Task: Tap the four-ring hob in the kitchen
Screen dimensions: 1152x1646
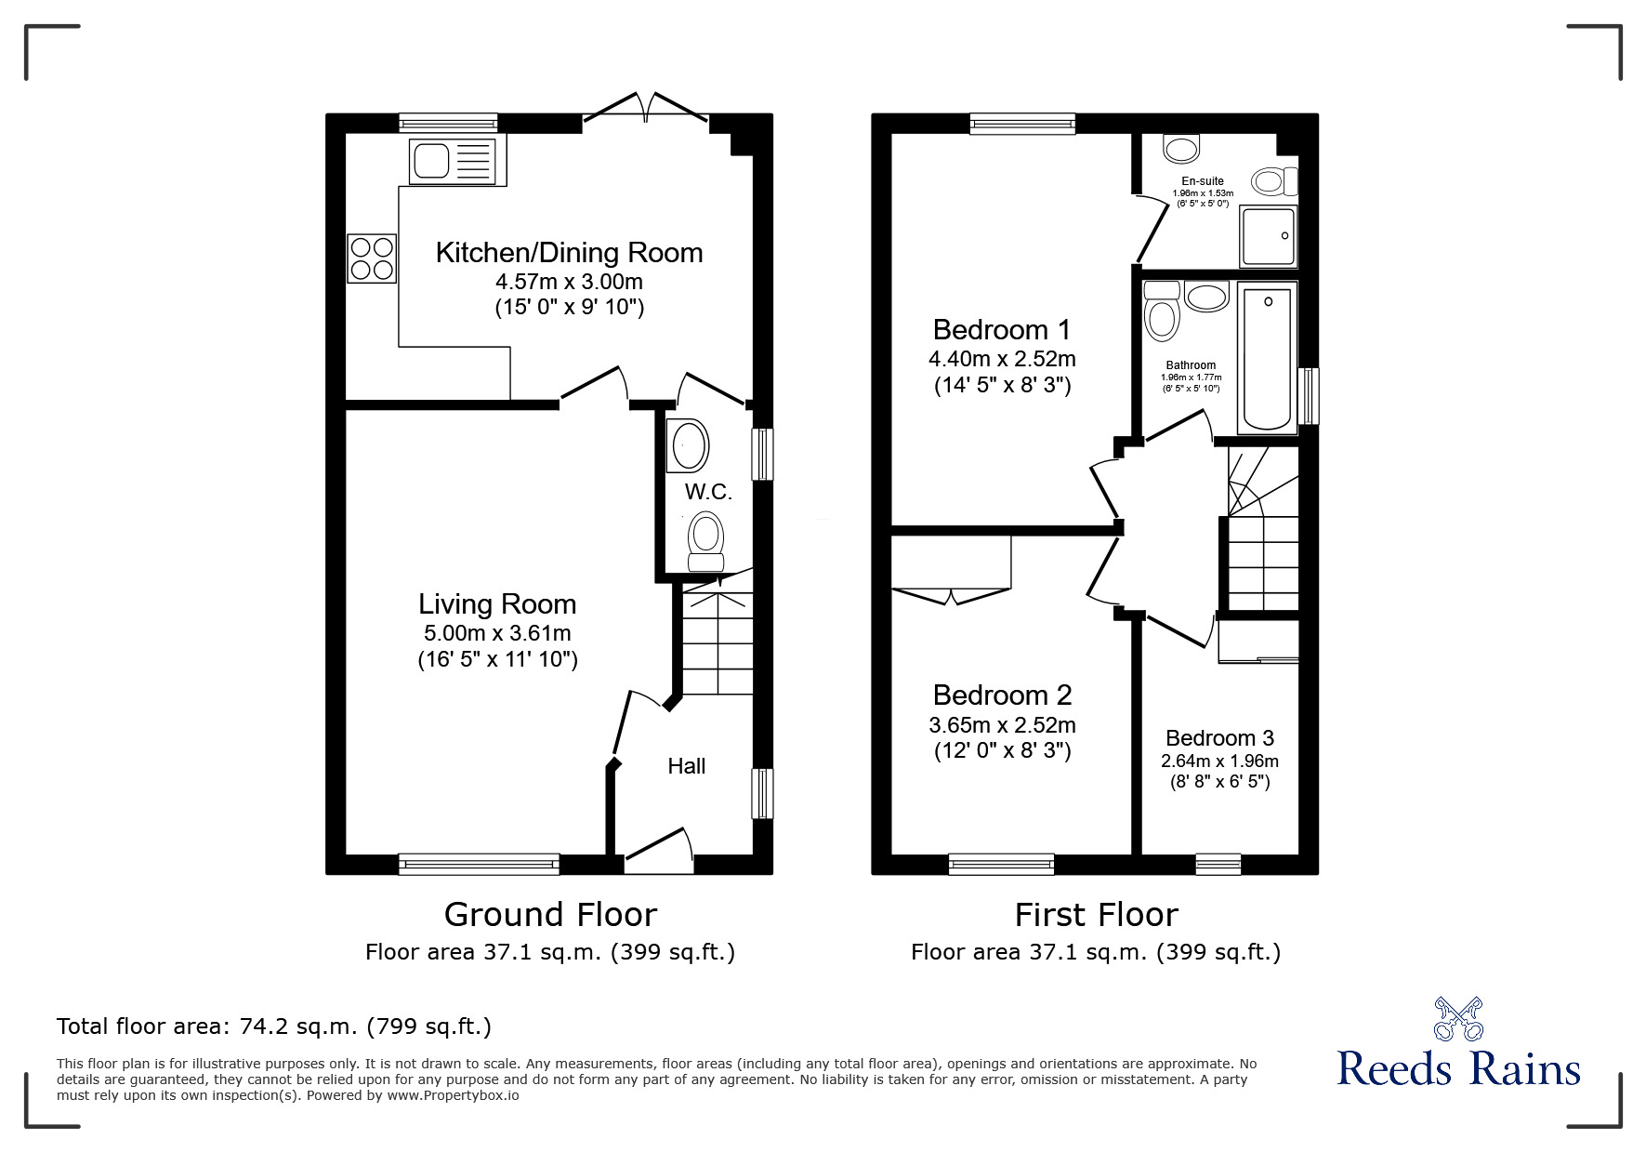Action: tap(372, 258)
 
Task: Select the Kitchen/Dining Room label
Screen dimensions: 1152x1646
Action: tap(569, 253)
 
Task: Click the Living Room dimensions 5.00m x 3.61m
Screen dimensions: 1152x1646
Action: tap(497, 634)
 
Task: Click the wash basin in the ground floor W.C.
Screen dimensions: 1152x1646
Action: tap(689, 446)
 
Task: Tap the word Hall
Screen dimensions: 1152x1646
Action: tap(686, 766)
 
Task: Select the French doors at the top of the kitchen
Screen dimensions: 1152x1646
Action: tap(645, 106)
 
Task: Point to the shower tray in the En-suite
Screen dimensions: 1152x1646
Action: tap(1268, 235)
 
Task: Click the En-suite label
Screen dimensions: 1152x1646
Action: tap(1203, 181)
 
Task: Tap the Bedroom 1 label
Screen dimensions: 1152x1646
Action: tap(1001, 330)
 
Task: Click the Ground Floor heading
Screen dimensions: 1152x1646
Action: tap(550, 915)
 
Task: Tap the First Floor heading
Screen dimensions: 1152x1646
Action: tap(1096, 915)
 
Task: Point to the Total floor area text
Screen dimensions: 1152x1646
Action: tap(274, 1026)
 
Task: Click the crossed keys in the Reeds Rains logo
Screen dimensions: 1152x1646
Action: tap(1458, 1019)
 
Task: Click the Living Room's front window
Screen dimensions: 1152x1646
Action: tap(479, 865)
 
